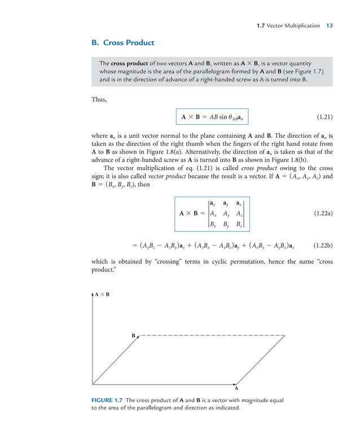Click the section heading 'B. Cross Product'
122,43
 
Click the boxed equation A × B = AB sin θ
214,118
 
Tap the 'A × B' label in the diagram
102,294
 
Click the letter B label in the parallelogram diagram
134,336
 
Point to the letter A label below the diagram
236,389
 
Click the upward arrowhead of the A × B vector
92,295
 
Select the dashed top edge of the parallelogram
212,336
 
